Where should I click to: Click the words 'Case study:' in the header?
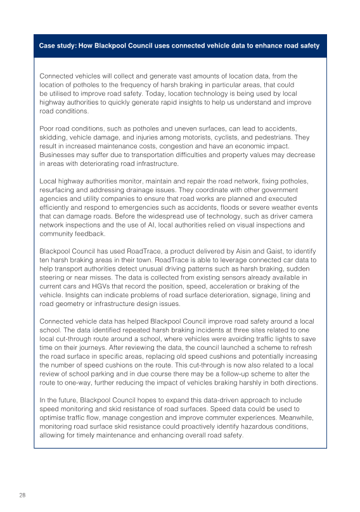tap(58, 46)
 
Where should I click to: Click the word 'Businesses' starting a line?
tap(58, 155)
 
